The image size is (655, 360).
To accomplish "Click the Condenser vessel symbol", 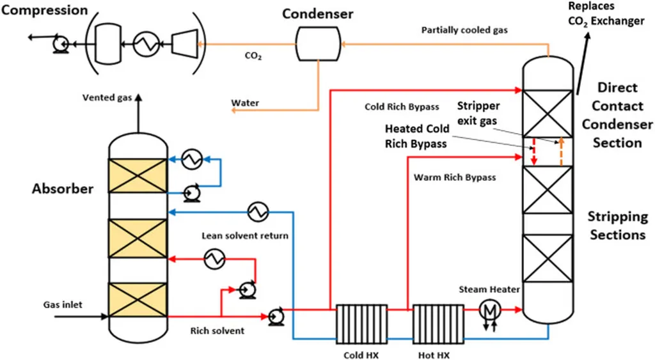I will pos(317,44).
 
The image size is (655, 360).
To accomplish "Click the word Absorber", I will pos(63,189).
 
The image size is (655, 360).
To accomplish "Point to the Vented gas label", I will pos(108,97).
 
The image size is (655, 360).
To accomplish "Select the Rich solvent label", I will pos(217,331).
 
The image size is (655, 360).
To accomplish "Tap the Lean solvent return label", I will pos(245,235).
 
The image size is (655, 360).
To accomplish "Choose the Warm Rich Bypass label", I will pos(455,177).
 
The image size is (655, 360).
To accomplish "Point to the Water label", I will pos(245,102).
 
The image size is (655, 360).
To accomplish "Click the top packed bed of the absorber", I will pos(137,175).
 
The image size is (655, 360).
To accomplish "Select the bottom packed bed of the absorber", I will pos(137,299).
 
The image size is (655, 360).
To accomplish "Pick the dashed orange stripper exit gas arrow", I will pos(561,151).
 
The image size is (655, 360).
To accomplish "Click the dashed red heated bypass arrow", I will pos(535,152).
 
